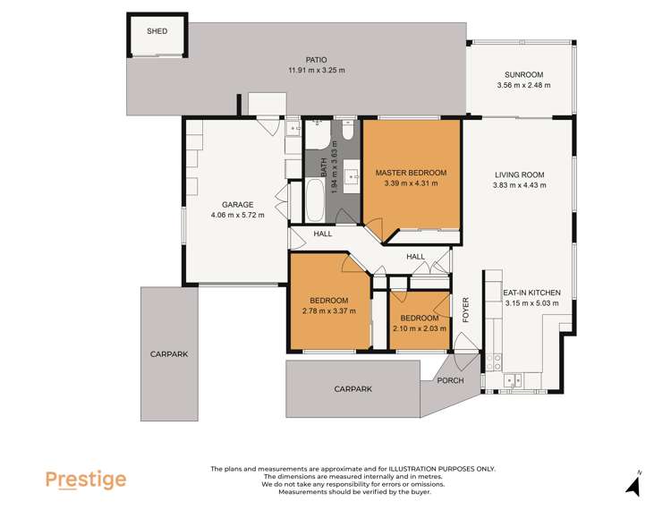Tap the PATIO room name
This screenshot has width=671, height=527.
pos(316,59)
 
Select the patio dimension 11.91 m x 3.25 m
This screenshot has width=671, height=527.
pos(316,71)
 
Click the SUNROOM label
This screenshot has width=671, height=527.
pos(523,74)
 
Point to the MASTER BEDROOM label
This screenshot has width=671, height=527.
pos(411,173)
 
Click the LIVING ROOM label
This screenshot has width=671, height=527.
pos(519,174)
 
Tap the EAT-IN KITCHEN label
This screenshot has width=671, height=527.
pos(531,293)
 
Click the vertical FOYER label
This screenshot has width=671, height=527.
pos(465,309)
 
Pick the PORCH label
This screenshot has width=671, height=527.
pos(449,380)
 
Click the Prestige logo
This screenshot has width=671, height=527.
pos(86,480)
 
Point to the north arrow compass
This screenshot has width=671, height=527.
pos(633,485)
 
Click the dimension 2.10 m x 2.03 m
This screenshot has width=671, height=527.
pos(420,329)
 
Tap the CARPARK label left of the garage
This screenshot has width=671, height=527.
pos(168,354)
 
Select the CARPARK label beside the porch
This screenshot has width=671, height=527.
pos(352,389)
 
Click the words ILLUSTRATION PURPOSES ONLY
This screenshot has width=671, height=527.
pos(442,469)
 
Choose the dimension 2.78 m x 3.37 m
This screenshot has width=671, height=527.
pos(328,311)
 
